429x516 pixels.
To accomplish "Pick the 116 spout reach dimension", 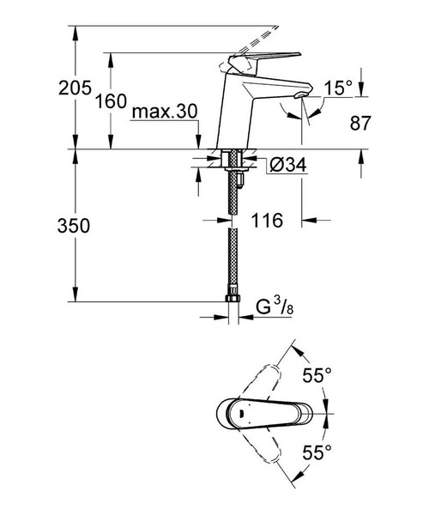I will point(268,222).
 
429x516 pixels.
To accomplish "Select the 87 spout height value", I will point(360,124).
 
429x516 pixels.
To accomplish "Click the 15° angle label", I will point(338,88).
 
